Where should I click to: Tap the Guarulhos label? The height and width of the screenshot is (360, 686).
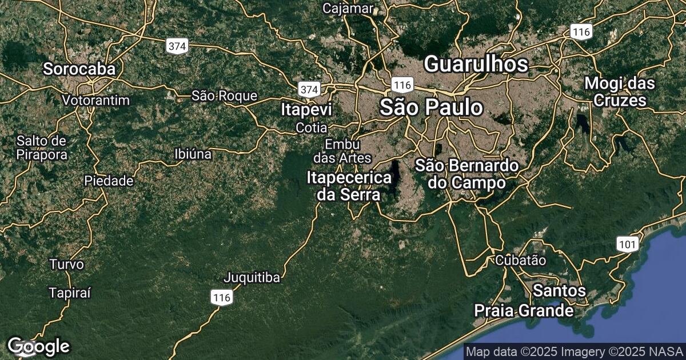[476, 64]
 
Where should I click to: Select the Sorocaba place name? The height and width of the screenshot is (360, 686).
[79, 69]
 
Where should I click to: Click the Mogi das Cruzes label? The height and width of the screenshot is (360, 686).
[620, 92]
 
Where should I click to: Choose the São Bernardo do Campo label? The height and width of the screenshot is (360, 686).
[467, 174]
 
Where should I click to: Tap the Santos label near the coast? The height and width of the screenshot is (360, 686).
[559, 291]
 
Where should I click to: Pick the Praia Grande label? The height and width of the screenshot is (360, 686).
[524, 311]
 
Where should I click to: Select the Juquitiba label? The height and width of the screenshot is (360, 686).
[252, 278]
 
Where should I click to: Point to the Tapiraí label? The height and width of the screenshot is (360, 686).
[70, 293]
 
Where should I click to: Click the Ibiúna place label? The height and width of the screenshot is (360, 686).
[193, 154]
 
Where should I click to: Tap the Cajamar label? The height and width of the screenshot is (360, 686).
[348, 9]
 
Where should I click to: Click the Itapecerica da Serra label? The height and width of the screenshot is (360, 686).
[349, 186]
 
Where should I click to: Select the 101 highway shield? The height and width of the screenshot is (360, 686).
[627, 245]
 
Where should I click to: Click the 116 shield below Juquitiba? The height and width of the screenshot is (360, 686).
[221, 297]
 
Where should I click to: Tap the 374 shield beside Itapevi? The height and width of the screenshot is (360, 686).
[309, 89]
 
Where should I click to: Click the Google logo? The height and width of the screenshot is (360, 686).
[38, 346]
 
